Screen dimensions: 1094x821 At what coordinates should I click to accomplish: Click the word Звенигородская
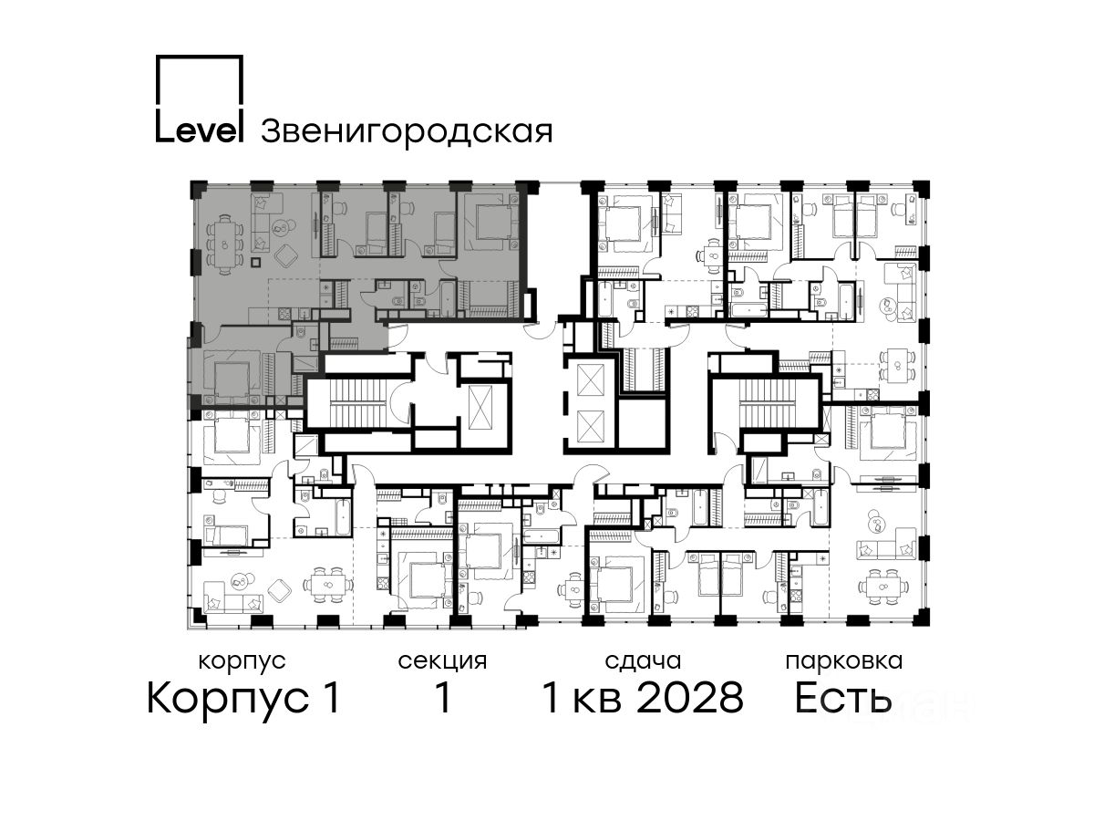(x=407, y=132)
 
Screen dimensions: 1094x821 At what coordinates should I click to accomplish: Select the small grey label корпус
(x=243, y=662)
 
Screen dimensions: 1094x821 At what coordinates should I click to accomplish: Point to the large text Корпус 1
(x=243, y=698)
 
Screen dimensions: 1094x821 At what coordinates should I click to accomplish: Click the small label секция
(x=442, y=662)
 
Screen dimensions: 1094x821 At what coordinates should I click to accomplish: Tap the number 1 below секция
(x=443, y=697)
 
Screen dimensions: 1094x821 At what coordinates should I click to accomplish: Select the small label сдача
(x=643, y=662)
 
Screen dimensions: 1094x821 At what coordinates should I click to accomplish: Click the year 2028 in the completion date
(x=691, y=697)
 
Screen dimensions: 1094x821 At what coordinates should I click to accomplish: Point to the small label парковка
(x=844, y=661)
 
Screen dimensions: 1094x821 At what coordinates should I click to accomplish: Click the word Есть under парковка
(x=843, y=697)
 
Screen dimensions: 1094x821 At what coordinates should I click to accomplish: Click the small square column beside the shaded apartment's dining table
(x=255, y=262)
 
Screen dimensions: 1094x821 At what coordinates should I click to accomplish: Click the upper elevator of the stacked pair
(x=589, y=379)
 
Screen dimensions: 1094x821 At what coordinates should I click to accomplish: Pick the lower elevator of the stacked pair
(x=589, y=427)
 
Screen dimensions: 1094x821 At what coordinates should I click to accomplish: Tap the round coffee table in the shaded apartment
(x=280, y=229)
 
